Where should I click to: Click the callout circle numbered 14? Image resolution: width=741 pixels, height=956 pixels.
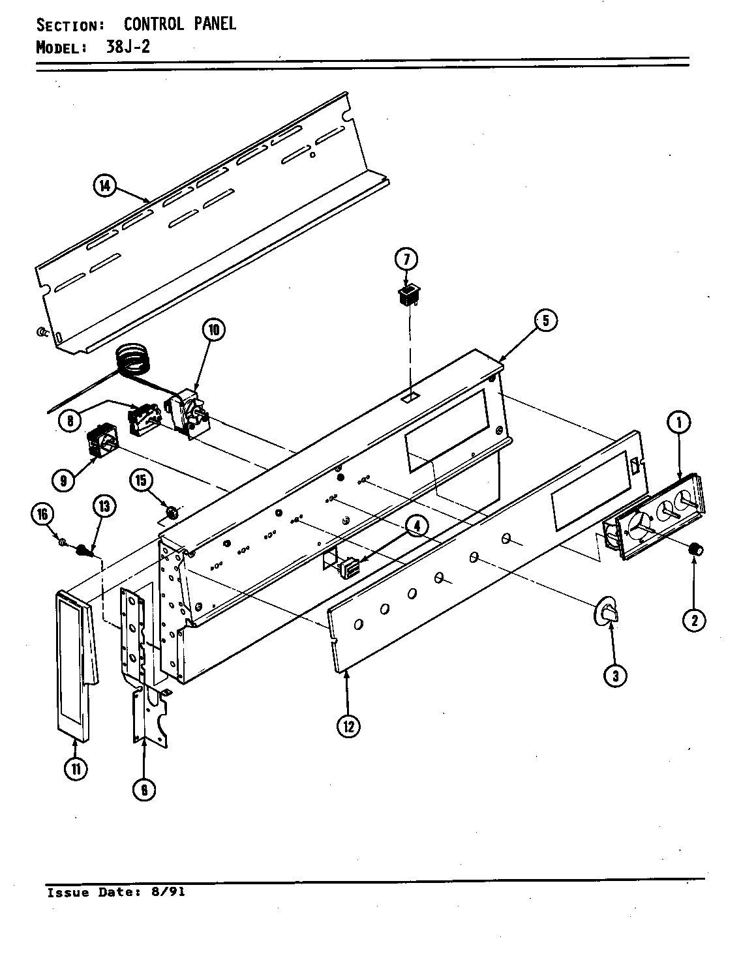pos(104,187)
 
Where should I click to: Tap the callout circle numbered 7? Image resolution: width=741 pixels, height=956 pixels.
pos(405,259)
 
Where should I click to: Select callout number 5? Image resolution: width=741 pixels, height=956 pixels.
pos(545,320)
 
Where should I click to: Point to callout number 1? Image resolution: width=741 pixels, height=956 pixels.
pos(678,423)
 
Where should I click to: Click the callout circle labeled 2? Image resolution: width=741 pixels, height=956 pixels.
pos(694,620)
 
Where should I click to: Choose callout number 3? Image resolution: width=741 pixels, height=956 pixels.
pos(615,676)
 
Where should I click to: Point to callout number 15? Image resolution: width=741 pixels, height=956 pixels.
pos(142,481)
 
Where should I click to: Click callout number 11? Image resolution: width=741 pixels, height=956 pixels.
pos(76,769)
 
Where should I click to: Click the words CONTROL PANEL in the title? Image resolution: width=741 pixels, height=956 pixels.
pos(179,24)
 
